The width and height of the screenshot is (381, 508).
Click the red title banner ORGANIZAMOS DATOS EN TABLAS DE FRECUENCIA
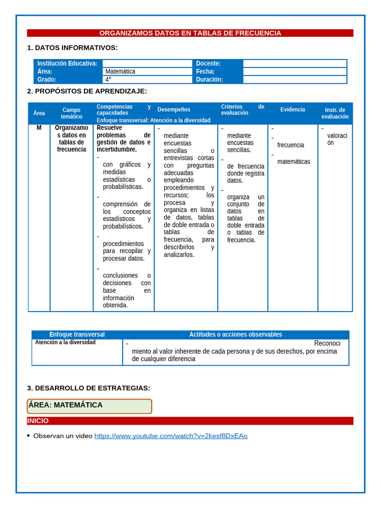(190, 33)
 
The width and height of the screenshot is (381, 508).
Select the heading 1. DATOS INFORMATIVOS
(72, 48)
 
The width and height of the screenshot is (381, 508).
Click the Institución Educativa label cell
(67, 63)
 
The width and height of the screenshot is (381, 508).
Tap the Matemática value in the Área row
(120, 71)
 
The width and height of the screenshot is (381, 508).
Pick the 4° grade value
(108, 79)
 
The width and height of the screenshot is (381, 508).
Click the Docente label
(208, 63)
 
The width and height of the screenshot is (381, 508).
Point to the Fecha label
(205, 71)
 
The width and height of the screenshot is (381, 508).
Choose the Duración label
(209, 79)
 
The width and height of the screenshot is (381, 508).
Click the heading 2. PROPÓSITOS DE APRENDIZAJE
(87, 91)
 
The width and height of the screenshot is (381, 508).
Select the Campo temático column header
(71, 113)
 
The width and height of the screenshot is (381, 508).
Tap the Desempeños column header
(174, 110)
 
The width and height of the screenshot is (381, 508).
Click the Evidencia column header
(293, 110)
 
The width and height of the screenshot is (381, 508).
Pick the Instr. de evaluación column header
(335, 113)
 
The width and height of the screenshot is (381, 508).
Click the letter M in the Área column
(39, 128)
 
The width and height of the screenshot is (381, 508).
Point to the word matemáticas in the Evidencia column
(294, 162)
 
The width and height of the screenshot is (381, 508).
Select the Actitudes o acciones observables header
(236, 334)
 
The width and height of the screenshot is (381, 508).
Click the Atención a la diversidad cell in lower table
(65, 342)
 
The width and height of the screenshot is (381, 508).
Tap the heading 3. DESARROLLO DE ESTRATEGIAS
(88, 388)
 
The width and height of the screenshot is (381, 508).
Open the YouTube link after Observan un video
(171, 436)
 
